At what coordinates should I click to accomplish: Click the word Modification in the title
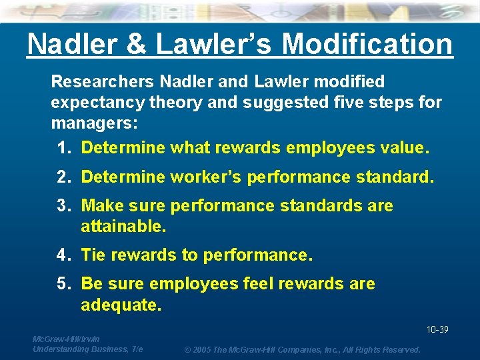[x=367, y=45]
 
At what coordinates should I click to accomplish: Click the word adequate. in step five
[x=121, y=305]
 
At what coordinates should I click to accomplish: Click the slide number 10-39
[x=437, y=330]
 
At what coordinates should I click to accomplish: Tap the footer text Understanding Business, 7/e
[x=87, y=349]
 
